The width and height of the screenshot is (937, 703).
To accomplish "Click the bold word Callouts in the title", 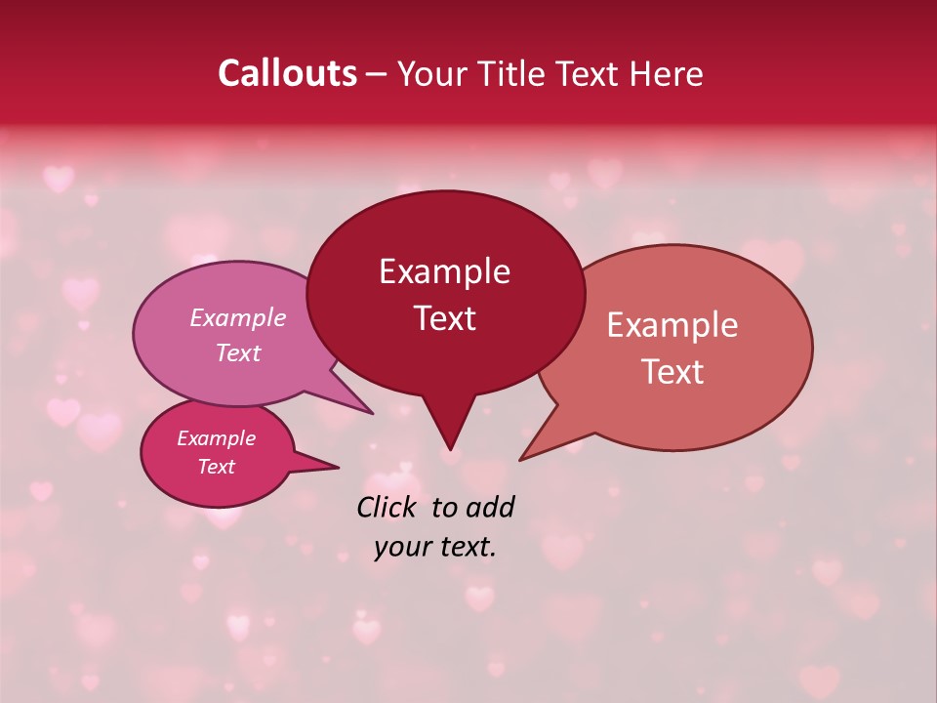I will click(287, 73).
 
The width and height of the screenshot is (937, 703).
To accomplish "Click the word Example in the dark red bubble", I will click(444, 271).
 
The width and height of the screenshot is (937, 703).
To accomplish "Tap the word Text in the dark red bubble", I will click(444, 318).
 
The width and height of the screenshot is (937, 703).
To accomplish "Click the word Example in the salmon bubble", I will click(672, 325).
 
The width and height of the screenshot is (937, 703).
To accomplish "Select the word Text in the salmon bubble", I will click(672, 372).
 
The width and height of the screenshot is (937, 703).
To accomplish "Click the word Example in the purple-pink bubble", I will click(237, 317).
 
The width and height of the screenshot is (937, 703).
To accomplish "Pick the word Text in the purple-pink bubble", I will click(237, 352).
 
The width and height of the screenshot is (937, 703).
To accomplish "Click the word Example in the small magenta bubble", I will click(216, 438).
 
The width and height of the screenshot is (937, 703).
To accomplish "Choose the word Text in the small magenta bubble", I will click(216, 467).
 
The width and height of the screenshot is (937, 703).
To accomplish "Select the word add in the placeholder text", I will click(490, 507).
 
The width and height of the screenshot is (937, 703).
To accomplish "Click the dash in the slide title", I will click(378, 74).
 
